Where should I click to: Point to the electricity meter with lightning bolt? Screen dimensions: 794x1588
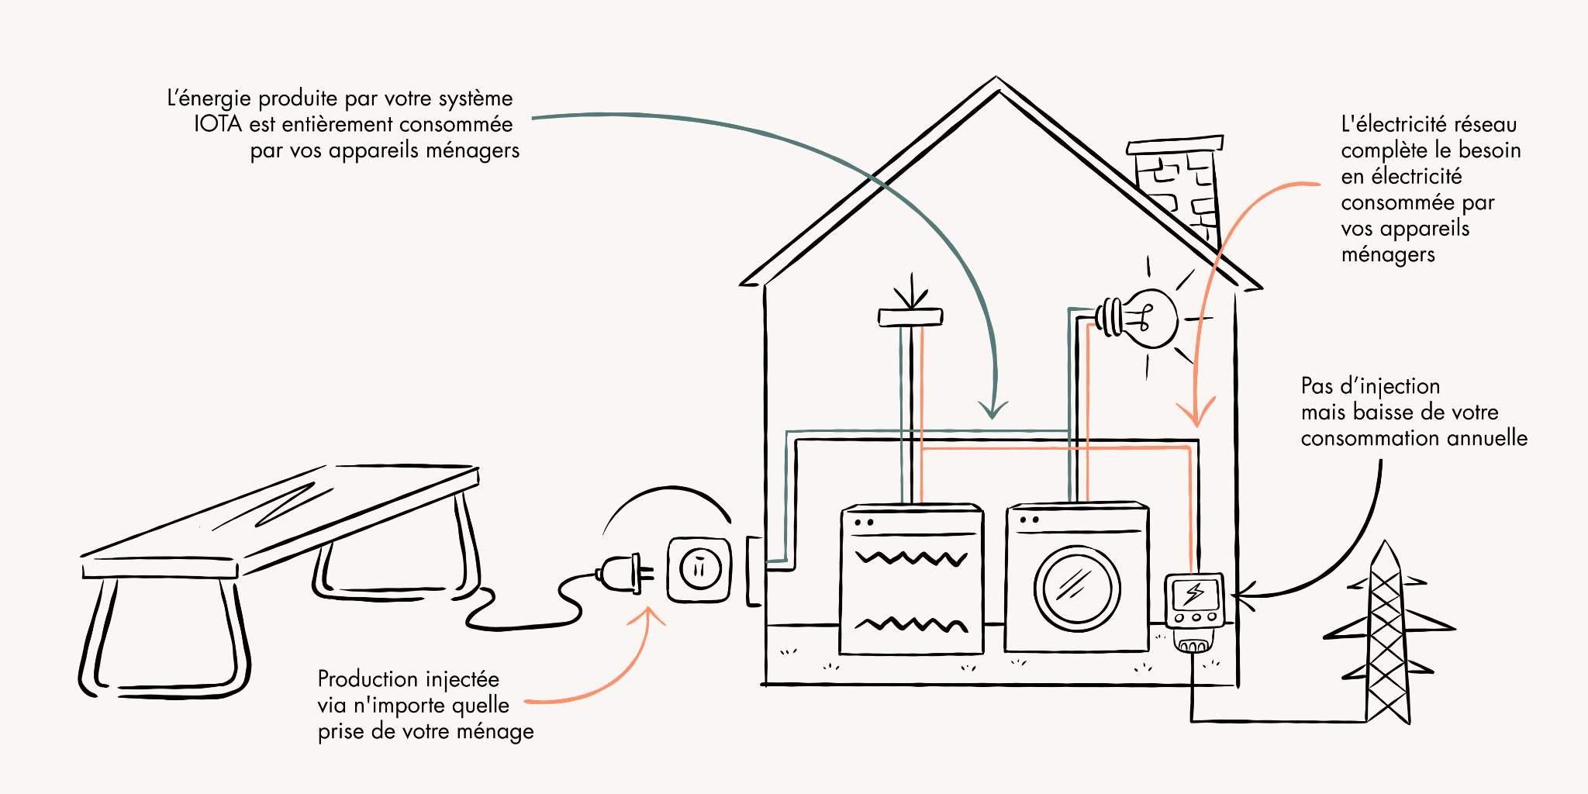(x=1194, y=601)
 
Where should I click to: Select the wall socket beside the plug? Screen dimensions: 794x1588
(x=699, y=570)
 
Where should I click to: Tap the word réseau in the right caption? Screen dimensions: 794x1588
(x=1485, y=125)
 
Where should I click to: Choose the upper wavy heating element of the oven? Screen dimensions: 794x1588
(x=911, y=558)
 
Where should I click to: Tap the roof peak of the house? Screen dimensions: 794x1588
(x=996, y=82)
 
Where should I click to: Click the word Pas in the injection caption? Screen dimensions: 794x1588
(x=1317, y=386)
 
